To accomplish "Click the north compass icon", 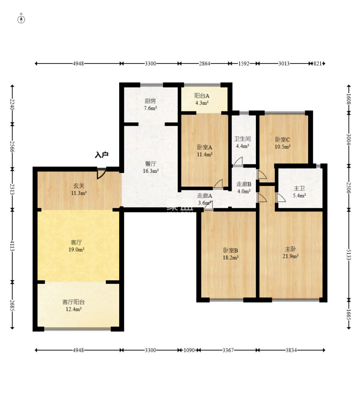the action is click(21, 19).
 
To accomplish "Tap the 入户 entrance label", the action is click(102, 155).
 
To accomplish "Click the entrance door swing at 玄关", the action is click(101, 173).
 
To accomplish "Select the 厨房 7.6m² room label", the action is click(150, 104).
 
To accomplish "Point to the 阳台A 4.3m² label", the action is click(202, 99).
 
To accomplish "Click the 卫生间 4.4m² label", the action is click(242, 142).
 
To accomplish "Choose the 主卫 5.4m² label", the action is click(300, 192).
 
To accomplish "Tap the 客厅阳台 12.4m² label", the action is click(73, 306).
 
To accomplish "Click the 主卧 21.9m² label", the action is click(291, 253).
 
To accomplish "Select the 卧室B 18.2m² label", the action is click(230, 254).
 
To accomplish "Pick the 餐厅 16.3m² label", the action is click(150, 168).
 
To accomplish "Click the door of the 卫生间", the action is click(238, 161).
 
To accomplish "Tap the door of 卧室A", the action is click(218, 183).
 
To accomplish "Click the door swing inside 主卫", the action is click(281, 197).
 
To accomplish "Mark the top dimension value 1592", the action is click(244, 63).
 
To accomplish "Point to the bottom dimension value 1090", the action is click(189, 350).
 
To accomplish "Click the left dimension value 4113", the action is click(12, 246).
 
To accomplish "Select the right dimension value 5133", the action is click(348, 255).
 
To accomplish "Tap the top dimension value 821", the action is click(318, 63).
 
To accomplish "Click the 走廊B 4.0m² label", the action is click(244, 188).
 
